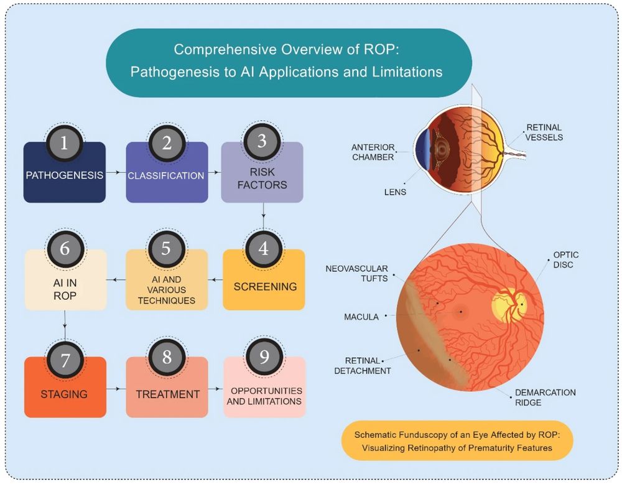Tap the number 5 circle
[x=167, y=249]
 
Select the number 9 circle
[x=264, y=356]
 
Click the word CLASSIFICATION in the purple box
[x=166, y=176]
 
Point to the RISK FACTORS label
[x=262, y=179]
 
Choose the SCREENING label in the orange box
[x=265, y=286]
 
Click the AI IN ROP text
[x=65, y=289]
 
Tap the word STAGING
[x=64, y=394]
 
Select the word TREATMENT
[x=168, y=394]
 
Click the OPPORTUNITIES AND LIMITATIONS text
[x=264, y=396]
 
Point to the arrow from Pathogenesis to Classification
[x=113, y=172]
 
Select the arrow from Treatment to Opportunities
[x=216, y=389]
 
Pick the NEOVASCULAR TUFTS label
[x=356, y=273]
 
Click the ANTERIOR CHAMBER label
[x=373, y=152]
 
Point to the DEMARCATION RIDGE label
[x=545, y=397]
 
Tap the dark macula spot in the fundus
[x=460, y=312]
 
